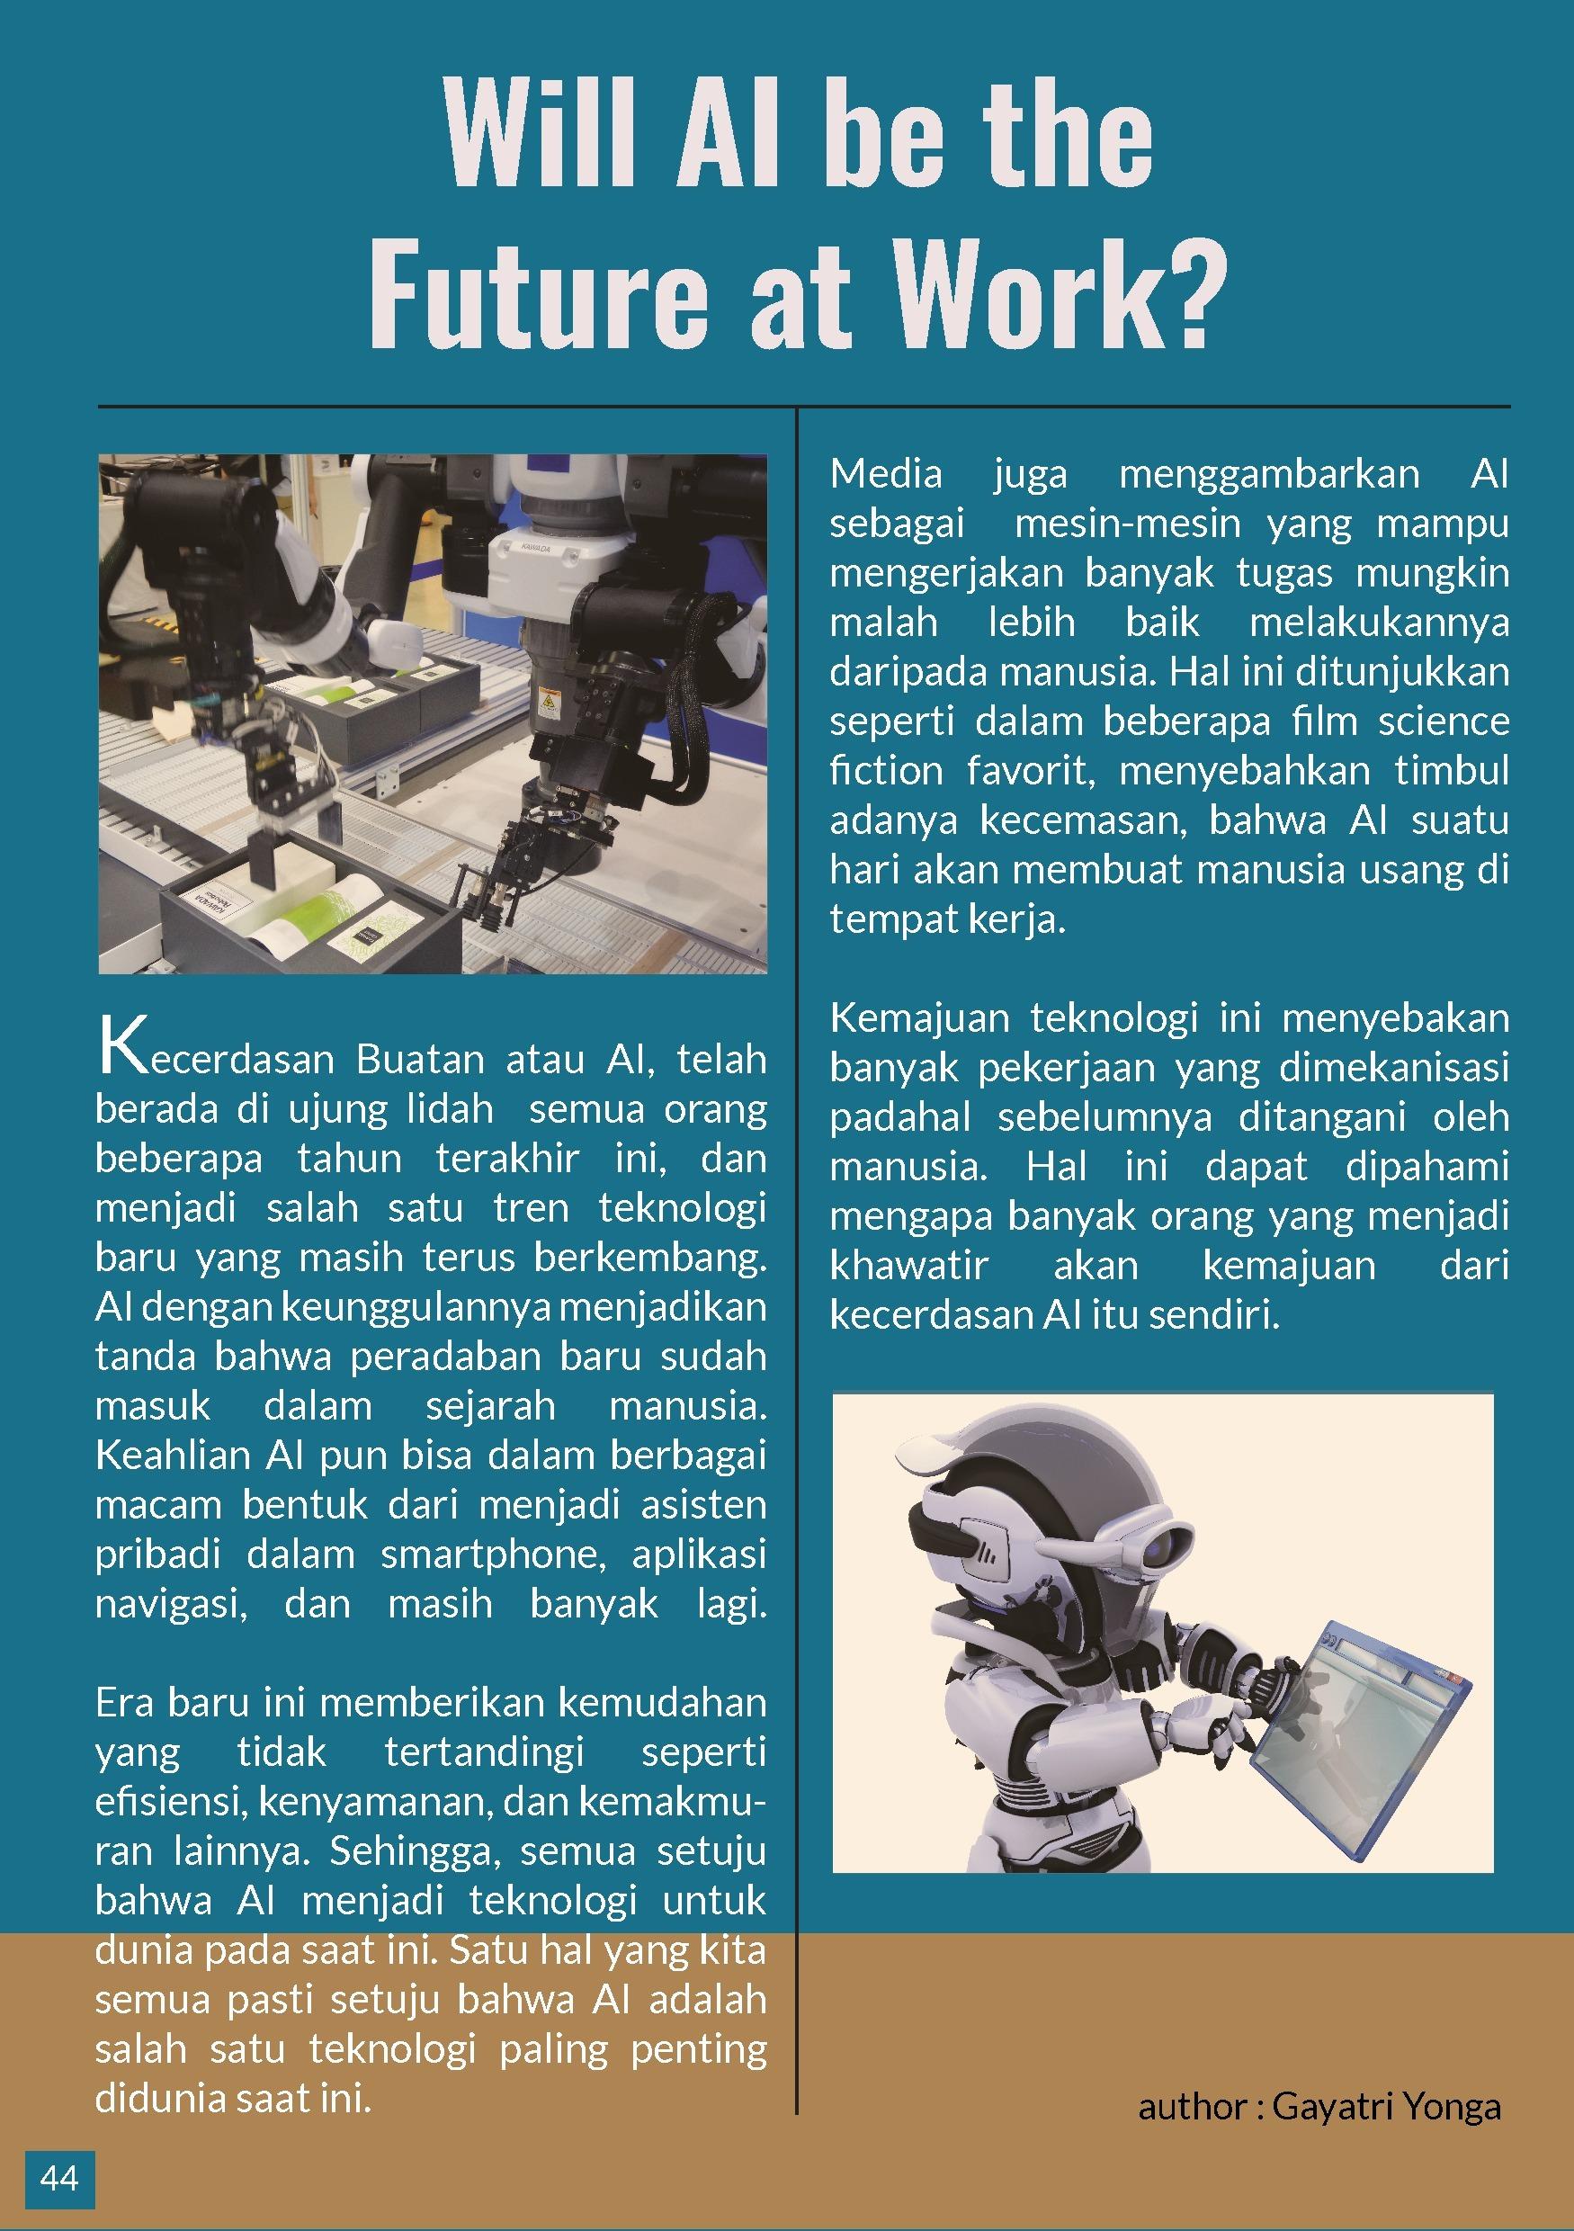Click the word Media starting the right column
coord(886,475)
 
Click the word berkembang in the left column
coord(648,1259)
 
